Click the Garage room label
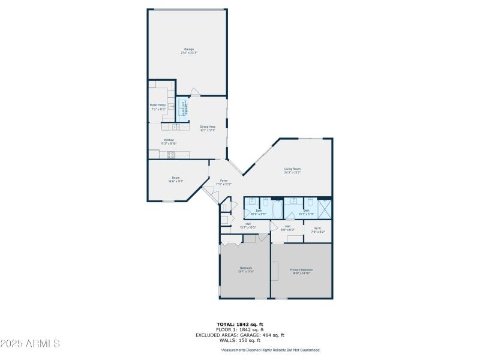point(189,50)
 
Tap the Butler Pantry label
point(158,106)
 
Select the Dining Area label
point(208,128)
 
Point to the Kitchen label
point(169,142)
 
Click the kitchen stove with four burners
point(170,155)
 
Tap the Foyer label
point(223,182)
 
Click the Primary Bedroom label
point(301,271)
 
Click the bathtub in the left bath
point(278,210)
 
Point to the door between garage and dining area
point(194,93)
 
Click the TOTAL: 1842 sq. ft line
point(240,325)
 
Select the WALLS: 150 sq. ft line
point(240,341)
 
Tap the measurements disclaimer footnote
point(271,350)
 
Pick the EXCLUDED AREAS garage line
point(240,335)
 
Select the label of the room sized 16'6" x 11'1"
point(176,179)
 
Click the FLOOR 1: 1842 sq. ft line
point(240,330)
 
